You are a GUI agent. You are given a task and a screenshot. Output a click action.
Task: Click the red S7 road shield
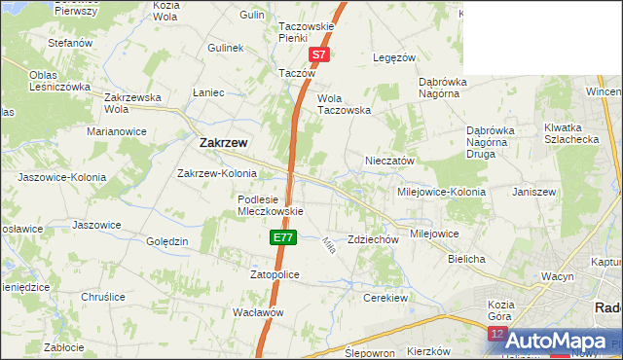[x=319, y=55]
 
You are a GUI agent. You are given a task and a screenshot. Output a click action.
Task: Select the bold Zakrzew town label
[x=223, y=142]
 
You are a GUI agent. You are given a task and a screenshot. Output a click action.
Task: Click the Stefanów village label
[x=70, y=43]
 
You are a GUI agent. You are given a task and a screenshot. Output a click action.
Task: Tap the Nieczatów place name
[x=390, y=161]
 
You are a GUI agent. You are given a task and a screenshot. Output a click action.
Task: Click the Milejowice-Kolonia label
[x=440, y=192]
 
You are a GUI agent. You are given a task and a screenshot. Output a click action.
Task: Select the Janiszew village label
[x=533, y=192]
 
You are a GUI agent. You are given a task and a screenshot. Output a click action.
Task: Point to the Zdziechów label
[x=374, y=239]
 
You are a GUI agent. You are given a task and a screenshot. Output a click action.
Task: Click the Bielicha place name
[x=466, y=260]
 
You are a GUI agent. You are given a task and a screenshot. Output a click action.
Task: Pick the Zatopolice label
[x=275, y=275]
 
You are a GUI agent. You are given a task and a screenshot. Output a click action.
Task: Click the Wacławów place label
[x=258, y=312]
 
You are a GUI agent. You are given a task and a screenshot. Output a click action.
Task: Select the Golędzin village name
[x=166, y=240]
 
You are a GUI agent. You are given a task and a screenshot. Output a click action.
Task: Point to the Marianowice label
[x=117, y=130]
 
